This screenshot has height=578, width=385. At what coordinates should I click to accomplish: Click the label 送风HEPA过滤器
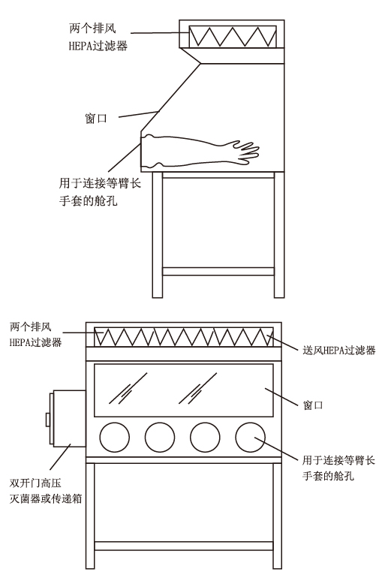(339, 350)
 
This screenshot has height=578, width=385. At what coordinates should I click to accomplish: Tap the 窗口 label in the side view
(96, 119)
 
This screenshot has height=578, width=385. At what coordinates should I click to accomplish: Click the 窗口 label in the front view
(313, 405)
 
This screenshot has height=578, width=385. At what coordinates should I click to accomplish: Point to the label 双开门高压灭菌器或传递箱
(46, 491)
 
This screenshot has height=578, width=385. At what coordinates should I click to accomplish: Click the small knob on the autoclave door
(47, 420)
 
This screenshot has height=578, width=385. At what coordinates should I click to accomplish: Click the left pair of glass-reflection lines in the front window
(128, 388)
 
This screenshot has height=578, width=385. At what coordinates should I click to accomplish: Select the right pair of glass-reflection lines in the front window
(198, 388)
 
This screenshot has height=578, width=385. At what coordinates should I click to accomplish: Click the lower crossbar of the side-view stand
(218, 271)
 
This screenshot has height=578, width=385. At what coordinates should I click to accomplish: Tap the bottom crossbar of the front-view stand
(184, 546)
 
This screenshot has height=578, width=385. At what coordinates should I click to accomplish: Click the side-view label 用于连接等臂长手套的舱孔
(100, 191)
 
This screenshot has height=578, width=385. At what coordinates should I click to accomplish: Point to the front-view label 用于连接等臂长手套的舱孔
(338, 468)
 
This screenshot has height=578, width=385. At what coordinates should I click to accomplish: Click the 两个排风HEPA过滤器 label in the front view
(35, 334)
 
